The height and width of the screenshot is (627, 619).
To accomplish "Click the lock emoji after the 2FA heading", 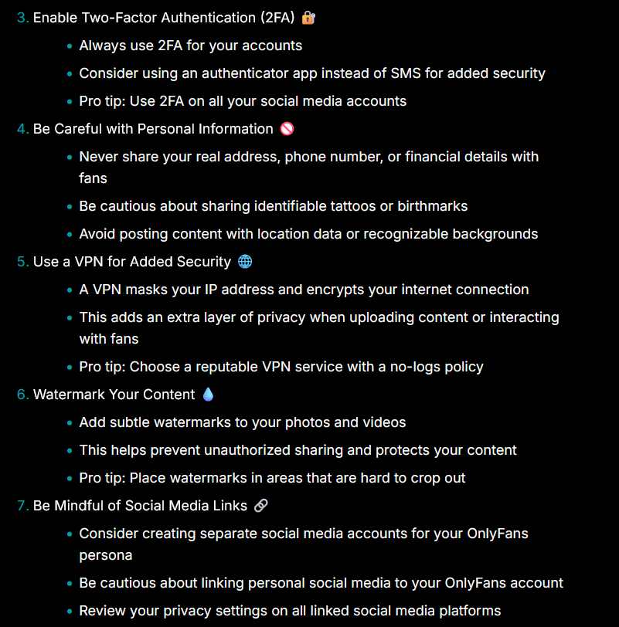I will click(308, 17).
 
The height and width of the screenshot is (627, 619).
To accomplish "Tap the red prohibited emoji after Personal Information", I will click(287, 129).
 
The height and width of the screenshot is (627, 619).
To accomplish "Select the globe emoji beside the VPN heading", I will click(245, 262).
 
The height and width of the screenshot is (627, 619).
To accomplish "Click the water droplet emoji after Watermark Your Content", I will click(208, 395).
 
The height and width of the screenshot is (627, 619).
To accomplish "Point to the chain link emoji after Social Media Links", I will click(261, 506).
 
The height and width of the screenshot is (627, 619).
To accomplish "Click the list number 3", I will click(22, 18).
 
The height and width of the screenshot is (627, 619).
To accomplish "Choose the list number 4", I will click(22, 129).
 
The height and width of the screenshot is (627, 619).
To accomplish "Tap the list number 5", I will click(22, 262).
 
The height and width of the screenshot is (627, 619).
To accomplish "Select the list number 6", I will click(22, 395).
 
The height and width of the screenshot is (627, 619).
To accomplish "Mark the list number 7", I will click(22, 506).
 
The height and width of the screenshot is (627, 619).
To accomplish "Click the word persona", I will click(105, 555).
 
